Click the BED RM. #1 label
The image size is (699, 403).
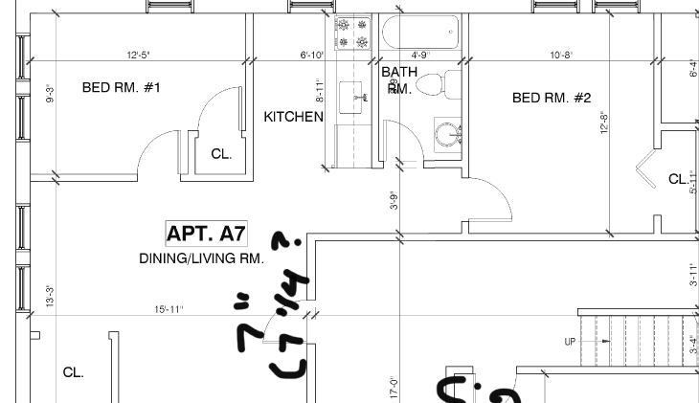click(x=121, y=88)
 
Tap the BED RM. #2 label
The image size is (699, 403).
click(x=552, y=98)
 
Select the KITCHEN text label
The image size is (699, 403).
click(x=293, y=117)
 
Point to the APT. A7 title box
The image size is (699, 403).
click(x=207, y=233)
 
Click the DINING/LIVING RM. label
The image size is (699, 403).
click(x=201, y=258)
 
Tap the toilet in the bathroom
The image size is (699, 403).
click(x=441, y=84)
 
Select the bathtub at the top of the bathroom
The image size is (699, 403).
click(x=420, y=34)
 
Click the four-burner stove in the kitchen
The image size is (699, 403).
click(x=351, y=34)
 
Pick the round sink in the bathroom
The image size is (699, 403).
click(x=447, y=133)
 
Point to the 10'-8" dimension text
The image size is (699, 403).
click(x=561, y=55)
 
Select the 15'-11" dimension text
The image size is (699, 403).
click(x=169, y=309)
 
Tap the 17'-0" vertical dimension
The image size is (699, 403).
click(x=393, y=386)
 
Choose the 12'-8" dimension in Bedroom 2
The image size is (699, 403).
click(x=604, y=124)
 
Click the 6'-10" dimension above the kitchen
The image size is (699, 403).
click(x=312, y=55)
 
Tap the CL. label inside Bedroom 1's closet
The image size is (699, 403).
click(x=221, y=154)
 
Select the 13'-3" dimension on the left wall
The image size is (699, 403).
click(x=50, y=297)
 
